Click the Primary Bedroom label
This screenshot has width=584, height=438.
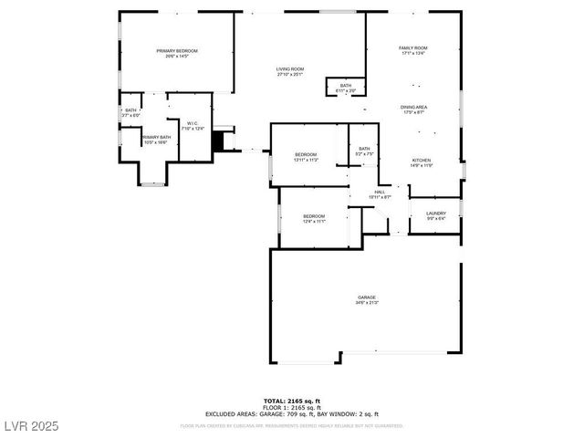(x=177, y=51)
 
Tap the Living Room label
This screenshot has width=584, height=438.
(x=290, y=69)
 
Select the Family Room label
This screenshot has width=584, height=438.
(x=412, y=47)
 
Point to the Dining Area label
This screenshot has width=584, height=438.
(x=413, y=107)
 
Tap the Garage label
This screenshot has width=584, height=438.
(x=367, y=297)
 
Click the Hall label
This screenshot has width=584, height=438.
(x=380, y=193)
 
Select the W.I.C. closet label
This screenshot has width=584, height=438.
(x=193, y=123)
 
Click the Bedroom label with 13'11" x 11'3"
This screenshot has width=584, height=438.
(x=306, y=155)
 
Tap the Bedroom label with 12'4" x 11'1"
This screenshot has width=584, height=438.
(x=314, y=216)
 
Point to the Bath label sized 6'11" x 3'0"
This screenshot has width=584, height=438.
(x=346, y=85)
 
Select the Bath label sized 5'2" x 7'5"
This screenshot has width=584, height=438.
(x=364, y=149)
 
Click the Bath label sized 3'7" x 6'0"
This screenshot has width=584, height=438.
(x=130, y=110)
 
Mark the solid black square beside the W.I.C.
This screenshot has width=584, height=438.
(x=218, y=143)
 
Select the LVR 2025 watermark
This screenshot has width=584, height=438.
(x=29, y=425)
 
